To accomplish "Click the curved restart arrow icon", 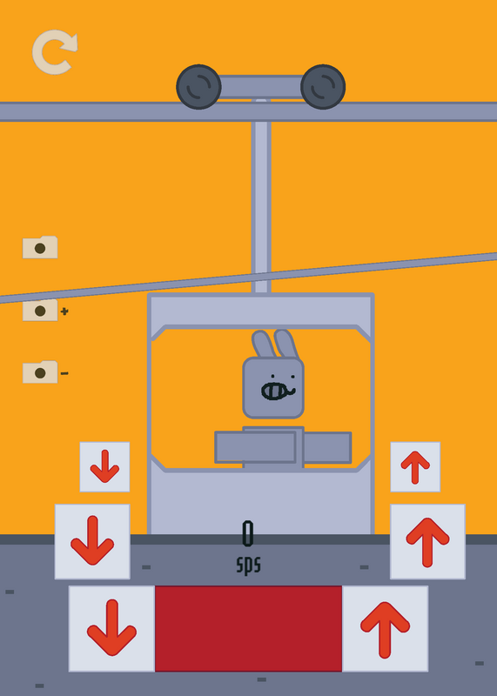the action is [53, 52].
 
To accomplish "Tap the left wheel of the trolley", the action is [198, 86].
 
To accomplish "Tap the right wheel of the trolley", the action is [323, 86].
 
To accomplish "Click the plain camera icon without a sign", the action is [40, 247].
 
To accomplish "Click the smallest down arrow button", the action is [104, 467].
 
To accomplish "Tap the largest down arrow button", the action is [112, 628].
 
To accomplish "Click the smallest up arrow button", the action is [415, 467].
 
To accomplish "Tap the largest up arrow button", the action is [385, 628].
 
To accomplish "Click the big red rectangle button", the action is [248, 628].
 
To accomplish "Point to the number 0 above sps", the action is [248, 533].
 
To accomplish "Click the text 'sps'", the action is [248, 565].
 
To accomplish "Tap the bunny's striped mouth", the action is [276, 391].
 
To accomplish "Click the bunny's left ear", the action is [264, 344].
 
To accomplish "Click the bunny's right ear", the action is [286, 343].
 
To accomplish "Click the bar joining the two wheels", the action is [261, 86].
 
